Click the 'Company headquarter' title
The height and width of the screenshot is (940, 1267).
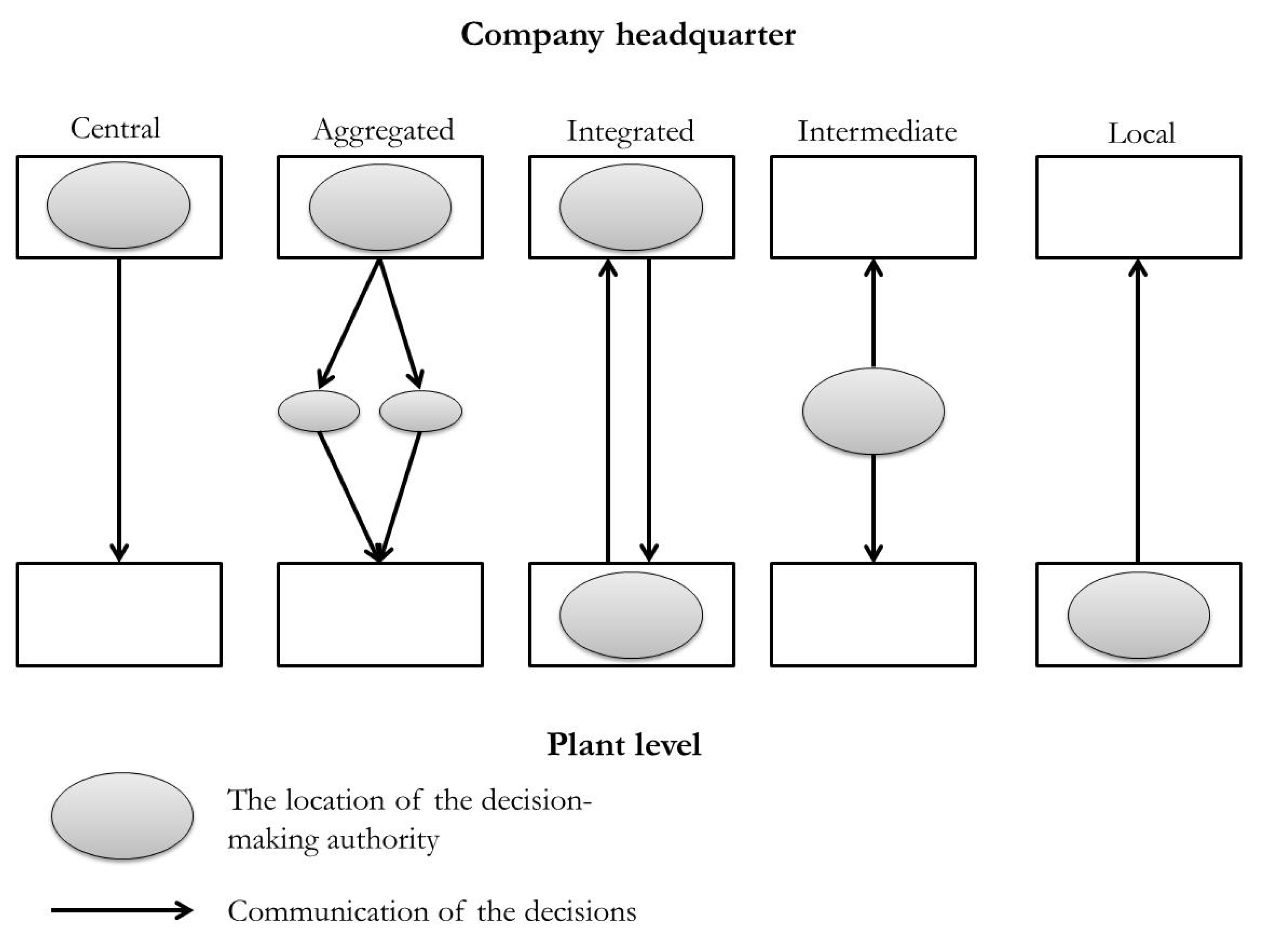[x=627, y=35]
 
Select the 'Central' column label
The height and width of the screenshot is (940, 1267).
[x=115, y=129]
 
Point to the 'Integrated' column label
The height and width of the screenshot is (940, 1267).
[x=631, y=132]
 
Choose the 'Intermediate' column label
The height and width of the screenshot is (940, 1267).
[x=877, y=132]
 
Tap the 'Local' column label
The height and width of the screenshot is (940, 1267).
[x=1141, y=134]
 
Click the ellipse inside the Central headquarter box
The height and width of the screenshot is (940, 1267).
[x=119, y=205]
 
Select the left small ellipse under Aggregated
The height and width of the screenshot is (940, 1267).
[x=318, y=411]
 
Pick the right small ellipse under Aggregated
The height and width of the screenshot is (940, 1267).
[x=420, y=411]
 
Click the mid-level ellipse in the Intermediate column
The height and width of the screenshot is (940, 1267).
[x=873, y=411]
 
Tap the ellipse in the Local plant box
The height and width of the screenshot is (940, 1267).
[x=1139, y=615]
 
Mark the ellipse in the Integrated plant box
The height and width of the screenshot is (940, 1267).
[x=631, y=615]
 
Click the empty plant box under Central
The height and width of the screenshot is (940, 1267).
[x=119, y=614]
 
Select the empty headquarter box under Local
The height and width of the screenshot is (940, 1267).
[x=1139, y=207]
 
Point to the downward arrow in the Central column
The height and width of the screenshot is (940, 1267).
[x=119, y=410]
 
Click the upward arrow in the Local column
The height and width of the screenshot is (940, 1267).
[x=1137, y=410]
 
